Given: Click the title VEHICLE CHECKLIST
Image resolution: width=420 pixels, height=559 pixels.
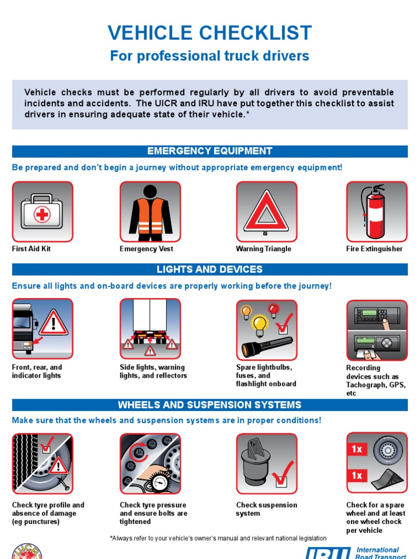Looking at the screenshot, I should (x=209, y=33).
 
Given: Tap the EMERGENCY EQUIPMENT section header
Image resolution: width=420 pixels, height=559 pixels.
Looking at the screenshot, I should (x=209, y=151).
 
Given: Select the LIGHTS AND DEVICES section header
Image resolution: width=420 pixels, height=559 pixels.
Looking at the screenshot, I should (x=209, y=269).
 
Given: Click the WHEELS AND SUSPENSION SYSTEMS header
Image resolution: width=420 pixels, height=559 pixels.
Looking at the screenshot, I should (x=209, y=405).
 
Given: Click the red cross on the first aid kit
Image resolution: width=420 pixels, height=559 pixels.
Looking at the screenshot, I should (x=42, y=215).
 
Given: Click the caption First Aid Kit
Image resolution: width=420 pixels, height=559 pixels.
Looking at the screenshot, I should (x=31, y=249).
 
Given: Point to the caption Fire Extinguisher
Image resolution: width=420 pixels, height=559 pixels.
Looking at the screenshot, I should (x=374, y=249).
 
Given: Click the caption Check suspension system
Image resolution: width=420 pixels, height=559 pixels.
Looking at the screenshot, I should (x=266, y=509).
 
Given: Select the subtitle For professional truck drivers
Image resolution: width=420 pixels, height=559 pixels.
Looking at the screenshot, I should (x=209, y=56).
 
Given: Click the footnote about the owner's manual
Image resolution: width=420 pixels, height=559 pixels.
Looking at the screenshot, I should (x=218, y=538).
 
